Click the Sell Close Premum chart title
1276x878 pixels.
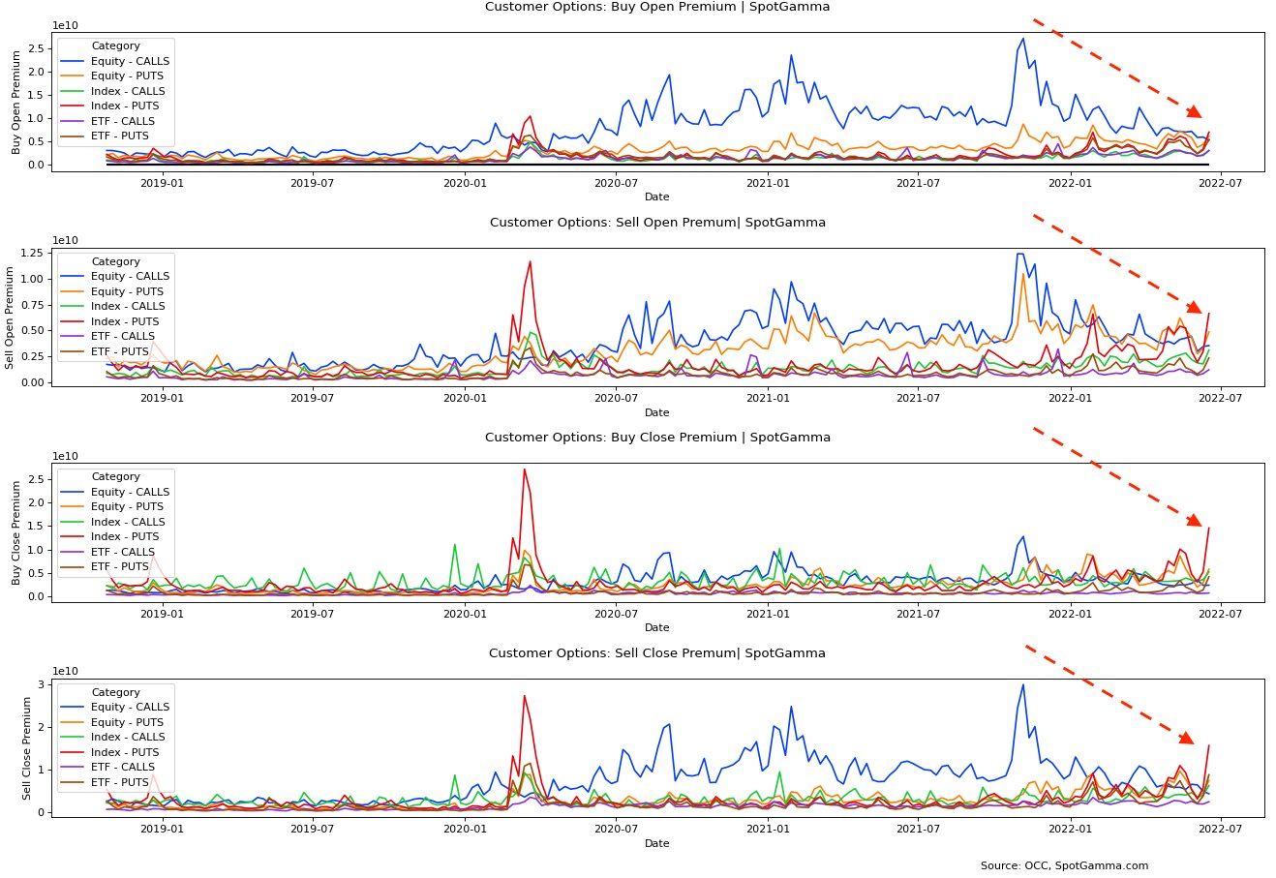pyautogui.click(x=656, y=653)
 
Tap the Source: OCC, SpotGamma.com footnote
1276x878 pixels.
pyautogui.click(x=1064, y=865)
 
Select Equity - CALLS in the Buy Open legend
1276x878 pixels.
pyautogui.click(x=129, y=61)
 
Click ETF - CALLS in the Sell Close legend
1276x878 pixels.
pyautogui.click(x=123, y=767)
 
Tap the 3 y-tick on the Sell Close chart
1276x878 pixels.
pyautogui.click(x=42, y=684)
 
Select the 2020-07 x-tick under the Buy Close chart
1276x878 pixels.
pyautogui.click(x=615, y=613)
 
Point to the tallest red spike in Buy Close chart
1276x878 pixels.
pyautogui.click(x=524, y=469)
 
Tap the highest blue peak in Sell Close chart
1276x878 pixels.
pyautogui.click(x=1022, y=685)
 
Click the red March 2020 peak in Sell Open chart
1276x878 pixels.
pyautogui.click(x=530, y=261)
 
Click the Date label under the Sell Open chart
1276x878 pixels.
pyautogui.click(x=656, y=412)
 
